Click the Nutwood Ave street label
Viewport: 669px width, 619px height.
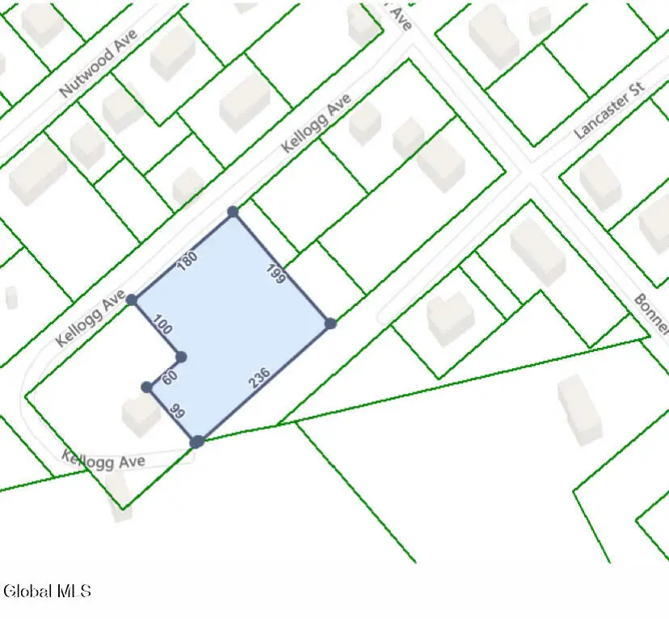99,64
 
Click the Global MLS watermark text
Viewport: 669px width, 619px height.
47,592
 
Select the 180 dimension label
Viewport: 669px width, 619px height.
187,260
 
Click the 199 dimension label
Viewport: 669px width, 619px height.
276,274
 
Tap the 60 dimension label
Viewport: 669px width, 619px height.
170,377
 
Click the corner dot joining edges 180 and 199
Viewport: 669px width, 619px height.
233,211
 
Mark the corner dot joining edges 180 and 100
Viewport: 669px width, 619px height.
132,299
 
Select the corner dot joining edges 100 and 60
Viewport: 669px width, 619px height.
181,357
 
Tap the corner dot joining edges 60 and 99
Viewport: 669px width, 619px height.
147,387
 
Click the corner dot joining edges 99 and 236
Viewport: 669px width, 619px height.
196,441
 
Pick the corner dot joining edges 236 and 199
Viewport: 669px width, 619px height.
330,324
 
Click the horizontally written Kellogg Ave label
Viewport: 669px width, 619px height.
104,460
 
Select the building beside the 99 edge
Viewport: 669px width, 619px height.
141,413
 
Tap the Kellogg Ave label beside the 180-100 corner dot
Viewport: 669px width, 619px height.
90,319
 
